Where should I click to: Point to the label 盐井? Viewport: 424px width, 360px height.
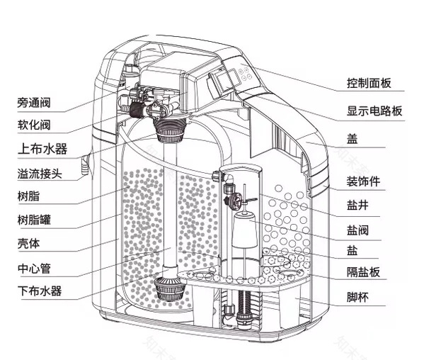click(357, 205)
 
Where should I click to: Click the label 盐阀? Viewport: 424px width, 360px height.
click(357, 229)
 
